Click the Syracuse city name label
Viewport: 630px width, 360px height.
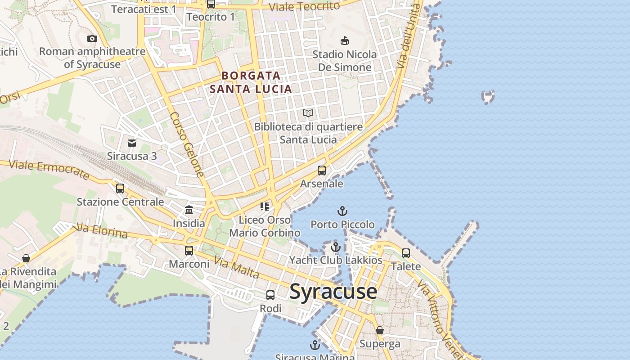pyautogui.click(x=333, y=292)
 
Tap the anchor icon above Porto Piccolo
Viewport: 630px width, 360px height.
pyautogui.click(x=342, y=211)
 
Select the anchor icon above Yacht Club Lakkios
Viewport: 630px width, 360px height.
pyautogui.click(x=335, y=247)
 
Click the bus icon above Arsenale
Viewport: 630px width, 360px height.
pyautogui.click(x=322, y=170)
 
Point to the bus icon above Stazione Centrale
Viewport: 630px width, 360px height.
pyautogui.click(x=120, y=188)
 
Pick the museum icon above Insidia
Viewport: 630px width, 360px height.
pyautogui.click(x=189, y=210)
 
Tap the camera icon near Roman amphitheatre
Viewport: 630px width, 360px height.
pyautogui.click(x=92, y=38)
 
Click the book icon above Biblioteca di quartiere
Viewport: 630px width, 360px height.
pyautogui.click(x=308, y=113)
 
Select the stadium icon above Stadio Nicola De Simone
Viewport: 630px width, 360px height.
pyautogui.click(x=345, y=41)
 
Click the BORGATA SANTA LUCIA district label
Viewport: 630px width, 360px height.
pyautogui.click(x=251, y=82)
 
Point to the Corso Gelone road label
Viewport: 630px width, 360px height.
pyautogui.click(x=187, y=144)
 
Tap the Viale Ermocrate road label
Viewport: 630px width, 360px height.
pyautogui.click(x=49, y=170)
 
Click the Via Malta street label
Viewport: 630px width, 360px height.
pyautogui.click(x=236, y=268)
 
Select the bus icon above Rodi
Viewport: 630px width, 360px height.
pyautogui.click(x=270, y=295)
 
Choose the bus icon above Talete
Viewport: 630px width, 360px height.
pyautogui.click(x=406, y=253)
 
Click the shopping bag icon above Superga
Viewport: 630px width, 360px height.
pyautogui.click(x=380, y=331)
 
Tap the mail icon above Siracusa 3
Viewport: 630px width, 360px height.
pyautogui.click(x=132, y=143)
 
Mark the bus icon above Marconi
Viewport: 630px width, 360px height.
pyautogui.click(x=189, y=251)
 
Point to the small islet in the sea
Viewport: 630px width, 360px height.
pyautogui.click(x=488, y=97)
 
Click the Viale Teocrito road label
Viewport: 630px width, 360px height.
pyautogui.click(x=304, y=7)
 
